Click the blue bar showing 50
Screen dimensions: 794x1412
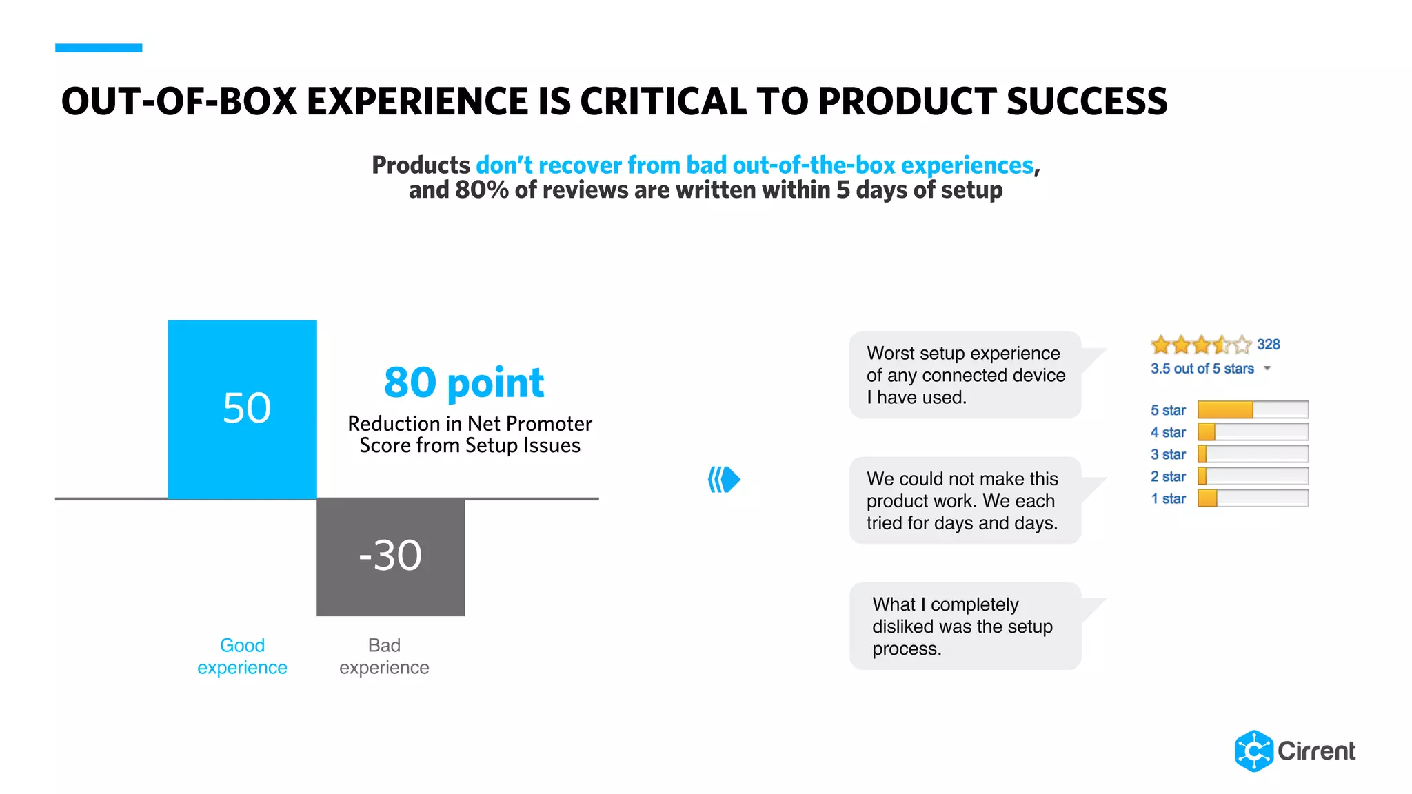click(242, 409)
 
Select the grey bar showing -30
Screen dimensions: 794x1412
click(390, 556)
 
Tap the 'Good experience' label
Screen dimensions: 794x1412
click(242, 656)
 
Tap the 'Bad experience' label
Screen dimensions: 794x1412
click(384, 656)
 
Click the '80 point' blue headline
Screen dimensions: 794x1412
click(464, 383)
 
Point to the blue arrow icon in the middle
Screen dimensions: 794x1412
click(724, 479)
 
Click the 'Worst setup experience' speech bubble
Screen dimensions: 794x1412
click(965, 375)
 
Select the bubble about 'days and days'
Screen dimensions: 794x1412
click(965, 500)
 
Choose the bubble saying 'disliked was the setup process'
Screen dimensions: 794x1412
click(965, 626)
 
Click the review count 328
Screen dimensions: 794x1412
click(1268, 345)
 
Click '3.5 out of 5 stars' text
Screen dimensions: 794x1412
click(1202, 369)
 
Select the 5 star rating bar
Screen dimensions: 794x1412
click(1252, 410)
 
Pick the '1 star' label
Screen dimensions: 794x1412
click(1168, 498)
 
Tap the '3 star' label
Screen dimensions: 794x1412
click(1168, 454)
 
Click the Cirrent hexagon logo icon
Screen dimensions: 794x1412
click(1253, 751)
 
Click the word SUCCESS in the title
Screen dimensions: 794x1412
click(1087, 101)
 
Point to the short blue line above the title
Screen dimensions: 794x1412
click(99, 48)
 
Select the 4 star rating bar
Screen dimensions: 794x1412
click(1252, 432)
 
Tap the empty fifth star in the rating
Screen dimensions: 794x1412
click(1242, 345)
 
